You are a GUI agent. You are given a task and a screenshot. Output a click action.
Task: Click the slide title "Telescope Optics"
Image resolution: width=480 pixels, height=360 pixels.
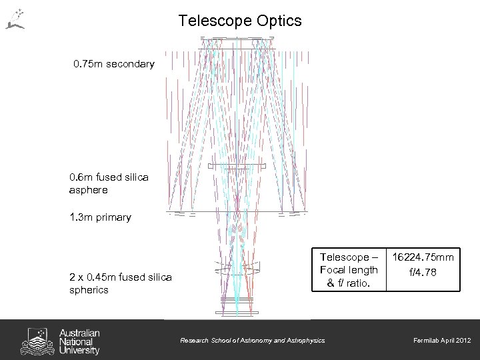pos(240,21)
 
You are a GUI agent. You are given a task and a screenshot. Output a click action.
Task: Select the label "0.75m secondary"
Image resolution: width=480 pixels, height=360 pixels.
pos(114,65)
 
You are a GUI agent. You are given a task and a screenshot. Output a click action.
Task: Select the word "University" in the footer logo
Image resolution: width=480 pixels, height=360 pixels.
pos(79,349)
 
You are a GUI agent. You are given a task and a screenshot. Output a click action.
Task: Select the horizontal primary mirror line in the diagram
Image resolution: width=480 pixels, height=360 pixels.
pos(238,212)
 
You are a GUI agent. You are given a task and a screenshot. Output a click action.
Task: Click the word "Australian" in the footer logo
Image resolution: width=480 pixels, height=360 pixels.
pos(79,332)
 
